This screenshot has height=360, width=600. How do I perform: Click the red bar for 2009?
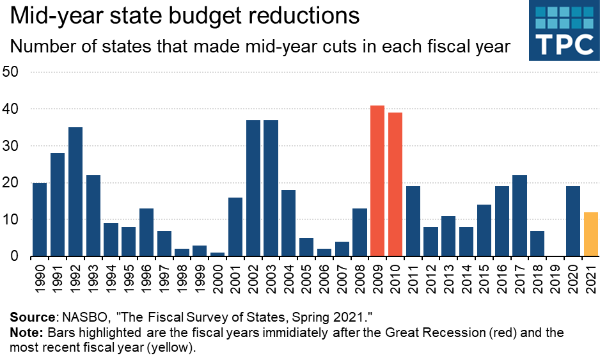coord(377,181)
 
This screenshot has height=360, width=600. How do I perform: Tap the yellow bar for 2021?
coord(591,235)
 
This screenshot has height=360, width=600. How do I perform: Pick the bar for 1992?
coord(75,192)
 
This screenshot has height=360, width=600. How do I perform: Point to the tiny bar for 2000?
coord(218,254)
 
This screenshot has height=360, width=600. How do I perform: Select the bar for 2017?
coord(520,216)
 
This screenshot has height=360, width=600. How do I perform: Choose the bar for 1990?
coord(40,219)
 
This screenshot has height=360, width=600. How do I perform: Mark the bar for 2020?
coord(573,221)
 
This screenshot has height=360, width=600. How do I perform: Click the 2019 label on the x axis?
coord(556,278)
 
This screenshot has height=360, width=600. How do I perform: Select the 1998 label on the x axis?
coord(182,278)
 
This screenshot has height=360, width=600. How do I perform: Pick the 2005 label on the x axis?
coord(307,278)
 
